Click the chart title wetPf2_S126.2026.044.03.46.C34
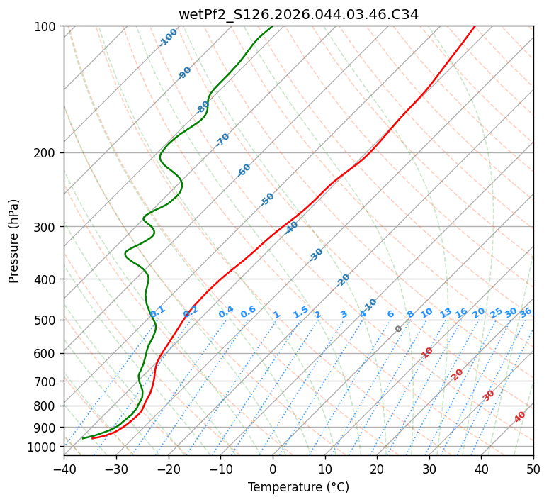pyautogui.click(x=298, y=14)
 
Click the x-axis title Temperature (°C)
pyautogui.click(x=298, y=488)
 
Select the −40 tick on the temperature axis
pyautogui.click(x=64, y=469)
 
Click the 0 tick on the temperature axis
pyautogui.click(x=273, y=469)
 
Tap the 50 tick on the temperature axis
pyautogui.click(x=533, y=469)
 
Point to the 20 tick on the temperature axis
pyautogui.click(x=377, y=469)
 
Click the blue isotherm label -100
pyautogui.click(x=168, y=38)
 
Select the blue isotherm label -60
pyautogui.click(x=244, y=170)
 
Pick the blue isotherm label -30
pyautogui.click(x=317, y=254)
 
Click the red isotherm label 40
pyautogui.click(x=520, y=417)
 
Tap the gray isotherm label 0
pyautogui.click(x=399, y=329)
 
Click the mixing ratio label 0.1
pyautogui.click(x=158, y=311)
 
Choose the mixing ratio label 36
pyautogui.click(x=526, y=312)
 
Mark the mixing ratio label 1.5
pyautogui.click(x=301, y=311)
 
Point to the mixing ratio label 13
pyautogui.click(x=446, y=313)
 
